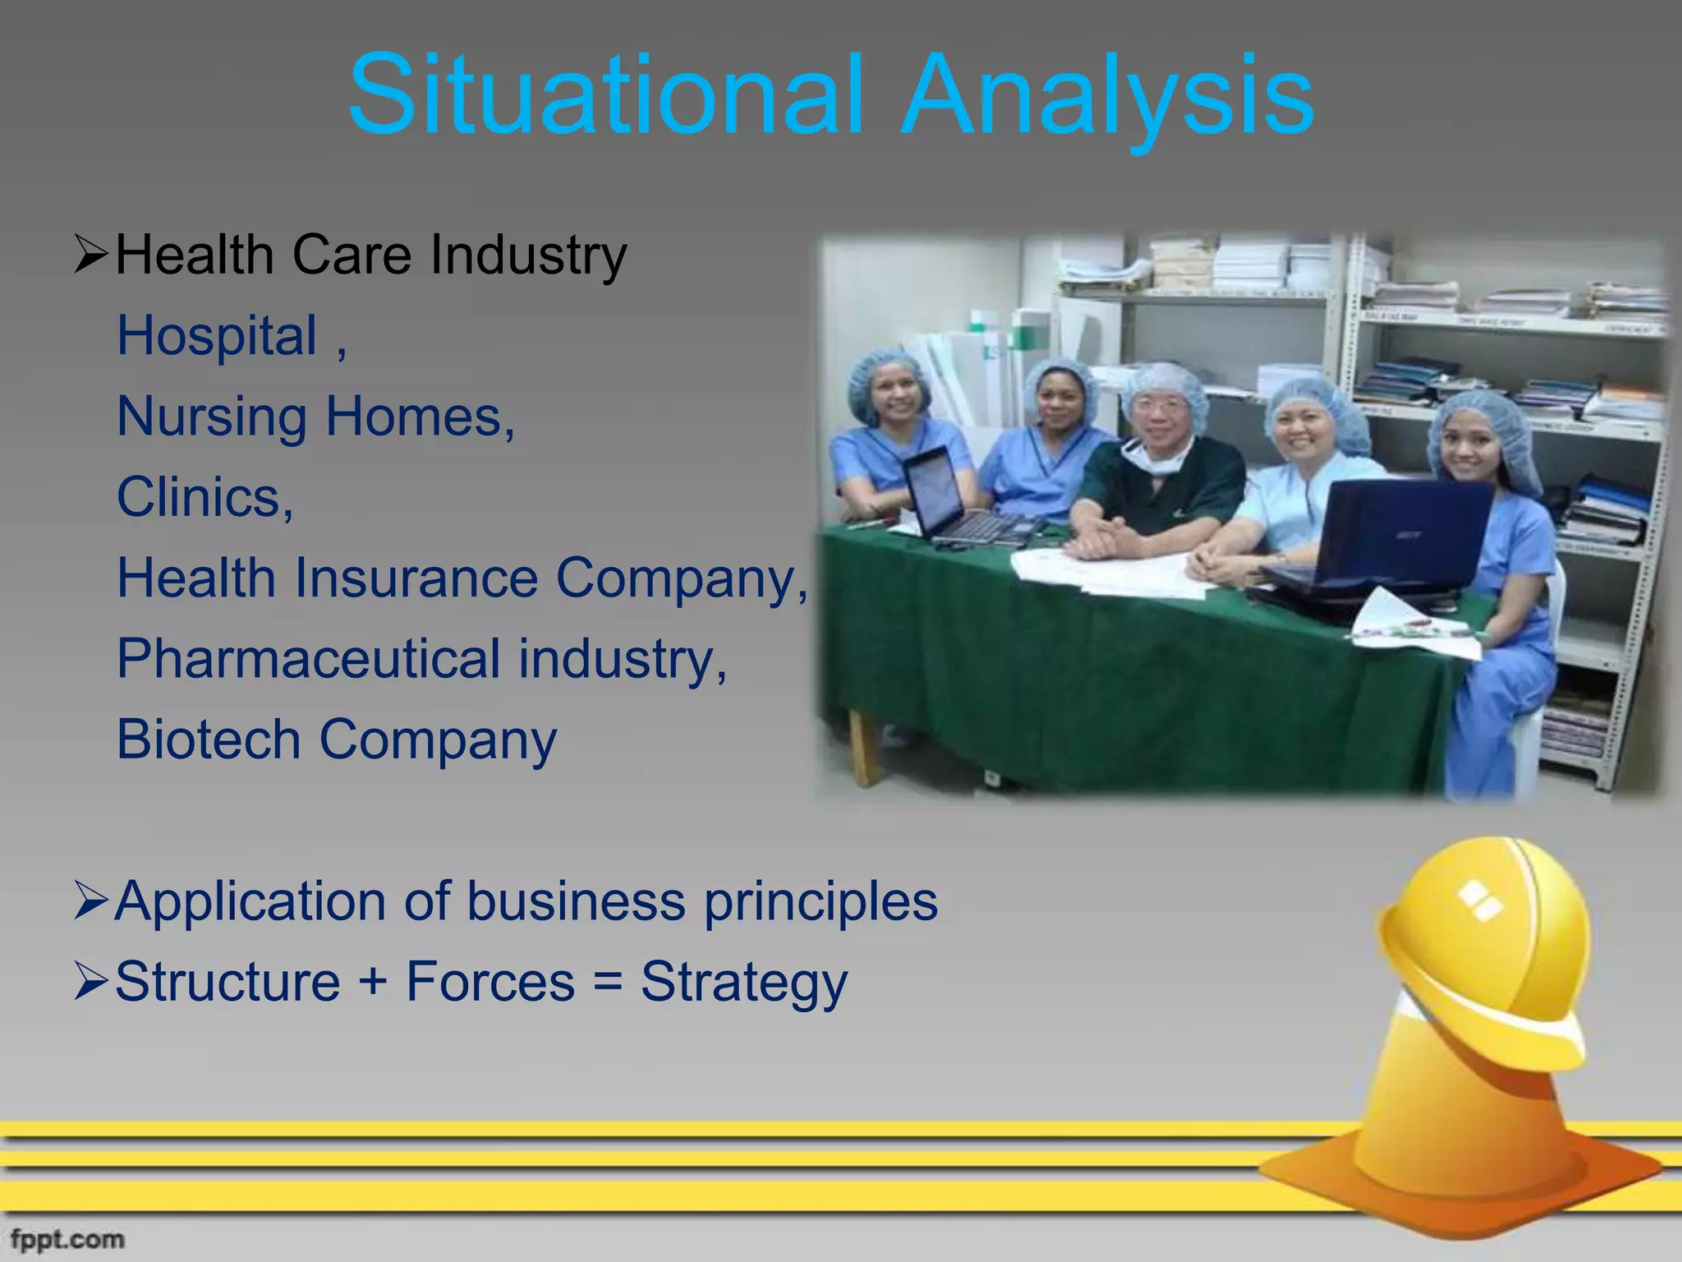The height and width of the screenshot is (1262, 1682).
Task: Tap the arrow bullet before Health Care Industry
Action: coord(90,255)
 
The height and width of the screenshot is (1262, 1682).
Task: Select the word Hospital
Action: coord(217,336)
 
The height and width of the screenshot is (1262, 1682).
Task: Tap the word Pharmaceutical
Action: coord(308,658)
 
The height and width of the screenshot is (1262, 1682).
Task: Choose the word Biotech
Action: coord(209,739)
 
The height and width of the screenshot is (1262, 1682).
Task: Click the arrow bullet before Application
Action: coord(90,900)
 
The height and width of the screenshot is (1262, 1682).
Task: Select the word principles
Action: coord(820,902)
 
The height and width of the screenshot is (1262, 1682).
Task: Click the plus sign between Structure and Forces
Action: coord(373,981)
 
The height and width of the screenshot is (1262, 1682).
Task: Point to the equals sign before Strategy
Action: coord(607,981)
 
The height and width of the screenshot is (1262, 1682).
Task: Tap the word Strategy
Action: coord(743,983)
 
